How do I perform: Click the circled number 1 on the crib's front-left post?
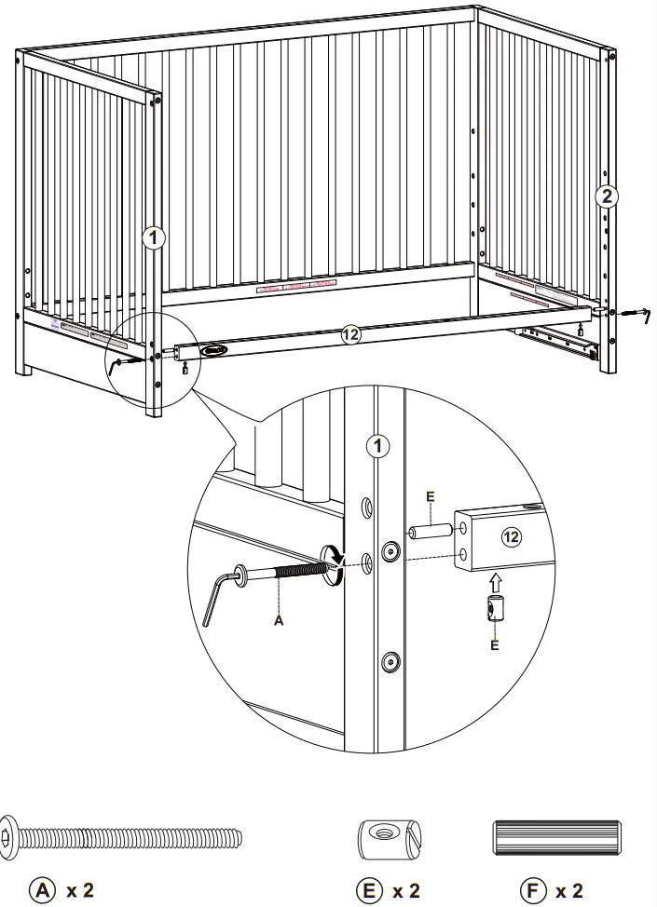click(x=154, y=238)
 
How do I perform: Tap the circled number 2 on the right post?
click(x=607, y=196)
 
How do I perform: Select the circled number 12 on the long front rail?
click(x=350, y=336)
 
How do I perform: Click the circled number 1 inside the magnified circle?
click(x=376, y=446)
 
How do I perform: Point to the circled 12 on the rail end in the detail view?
click(x=511, y=536)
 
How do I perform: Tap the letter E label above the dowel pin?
click(x=430, y=496)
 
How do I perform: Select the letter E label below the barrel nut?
click(x=494, y=645)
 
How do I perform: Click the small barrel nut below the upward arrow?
click(x=494, y=611)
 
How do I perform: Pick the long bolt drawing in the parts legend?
click(x=121, y=837)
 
